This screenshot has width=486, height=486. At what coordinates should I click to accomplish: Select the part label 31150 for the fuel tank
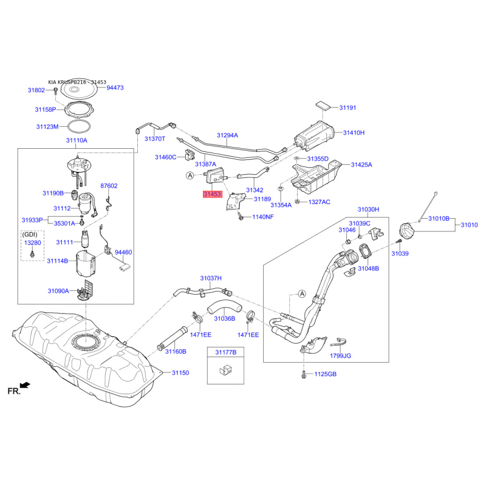pyautogui.click(x=180, y=372)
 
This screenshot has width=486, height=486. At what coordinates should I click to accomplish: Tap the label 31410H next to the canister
pyautogui.click(x=354, y=132)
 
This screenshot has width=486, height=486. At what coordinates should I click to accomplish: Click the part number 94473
pyautogui.click(x=115, y=88)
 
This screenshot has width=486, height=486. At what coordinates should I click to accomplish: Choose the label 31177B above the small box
pyautogui.click(x=225, y=352)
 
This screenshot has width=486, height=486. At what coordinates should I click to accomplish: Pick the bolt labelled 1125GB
pyautogui.click(x=302, y=374)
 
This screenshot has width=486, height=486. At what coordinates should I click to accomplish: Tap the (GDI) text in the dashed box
pyautogui.click(x=30, y=234)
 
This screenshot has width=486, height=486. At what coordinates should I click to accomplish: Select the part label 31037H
pyautogui.click(x=211, y=278)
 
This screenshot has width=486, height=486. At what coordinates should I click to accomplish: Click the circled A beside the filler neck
pyautogui.click(x=301, y=294)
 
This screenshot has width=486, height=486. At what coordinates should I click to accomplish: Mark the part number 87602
pyautogui.click(x=109, y=186)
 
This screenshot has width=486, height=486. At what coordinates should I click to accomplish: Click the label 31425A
pyautogui.click(x=361, y=165)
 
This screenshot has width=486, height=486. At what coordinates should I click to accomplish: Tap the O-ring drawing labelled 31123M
pyautogui.click(x=76, y=128)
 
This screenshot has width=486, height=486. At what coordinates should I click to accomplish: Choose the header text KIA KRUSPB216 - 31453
pyautogui.click(x=77, y=81)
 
